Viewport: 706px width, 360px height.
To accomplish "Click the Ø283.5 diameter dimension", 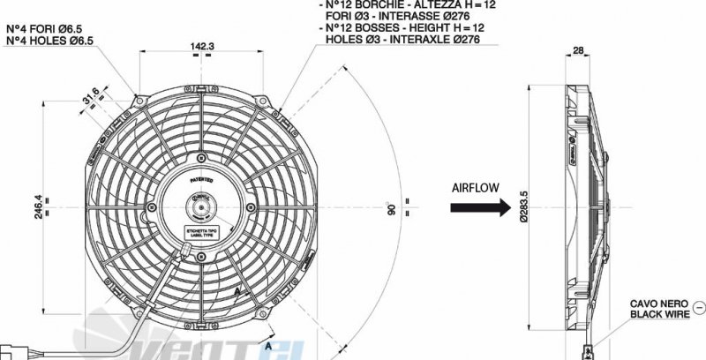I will [x=524, y=209].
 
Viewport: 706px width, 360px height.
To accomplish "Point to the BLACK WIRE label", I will [x=658, y=314].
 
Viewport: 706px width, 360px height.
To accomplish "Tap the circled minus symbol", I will [x=699, y=307].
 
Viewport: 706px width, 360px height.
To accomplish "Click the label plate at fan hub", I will [x=203, y=233].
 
